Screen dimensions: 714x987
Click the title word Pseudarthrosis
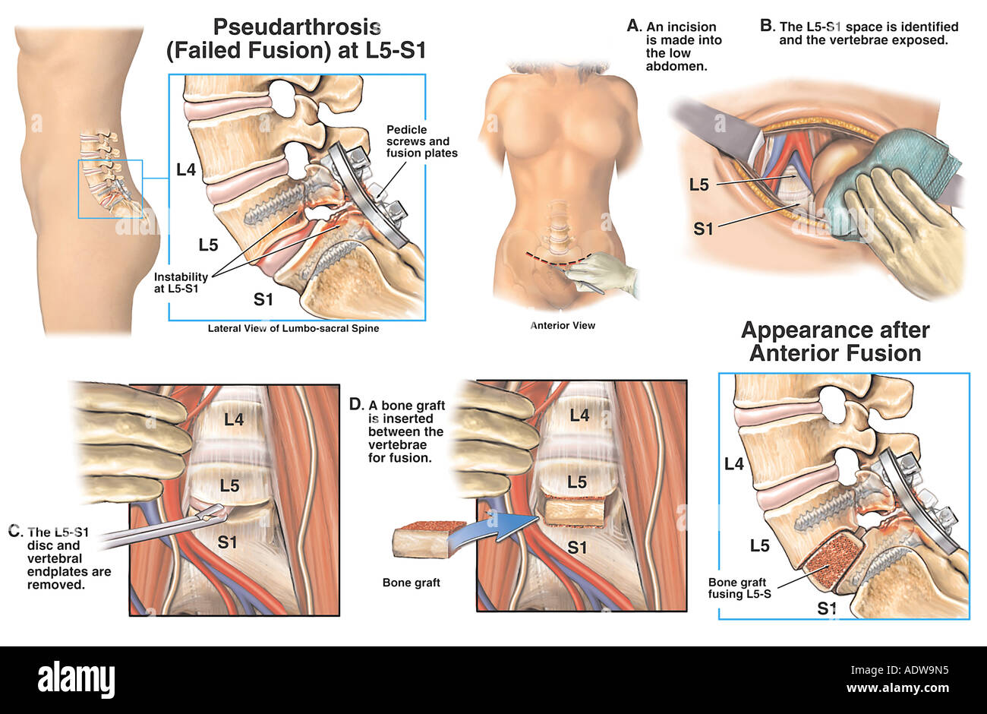(296, 27)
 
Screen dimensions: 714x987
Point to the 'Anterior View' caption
(562, 325)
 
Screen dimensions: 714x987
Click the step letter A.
(633, 26)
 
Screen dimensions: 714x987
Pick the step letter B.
(767, 26)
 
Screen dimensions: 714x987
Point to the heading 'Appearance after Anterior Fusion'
(835, 341)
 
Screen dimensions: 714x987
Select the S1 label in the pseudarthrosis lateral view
(263, 299)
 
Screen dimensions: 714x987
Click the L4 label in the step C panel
(233, 418)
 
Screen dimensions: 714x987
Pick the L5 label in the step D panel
(577, 482)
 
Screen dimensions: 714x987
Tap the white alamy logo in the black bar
(76, 678)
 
